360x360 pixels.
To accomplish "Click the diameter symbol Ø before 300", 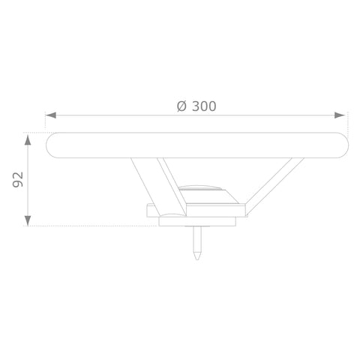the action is click(x=181, y=106).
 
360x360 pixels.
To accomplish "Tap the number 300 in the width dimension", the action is click(x=204, y=106).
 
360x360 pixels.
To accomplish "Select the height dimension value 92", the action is click(x=18, y=179).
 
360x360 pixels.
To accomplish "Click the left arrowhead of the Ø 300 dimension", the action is click(x=51, y=115).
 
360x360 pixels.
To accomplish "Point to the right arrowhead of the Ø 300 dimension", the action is click(x=340, y=115).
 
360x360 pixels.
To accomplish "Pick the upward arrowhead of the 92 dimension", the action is click(x=28, y=139).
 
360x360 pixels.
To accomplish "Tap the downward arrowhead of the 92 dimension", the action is click(x=28, y=220).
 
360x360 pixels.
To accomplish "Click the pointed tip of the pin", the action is click(x=197, y=259).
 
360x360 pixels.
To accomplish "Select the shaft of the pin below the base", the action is click(x=197, y=238).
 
